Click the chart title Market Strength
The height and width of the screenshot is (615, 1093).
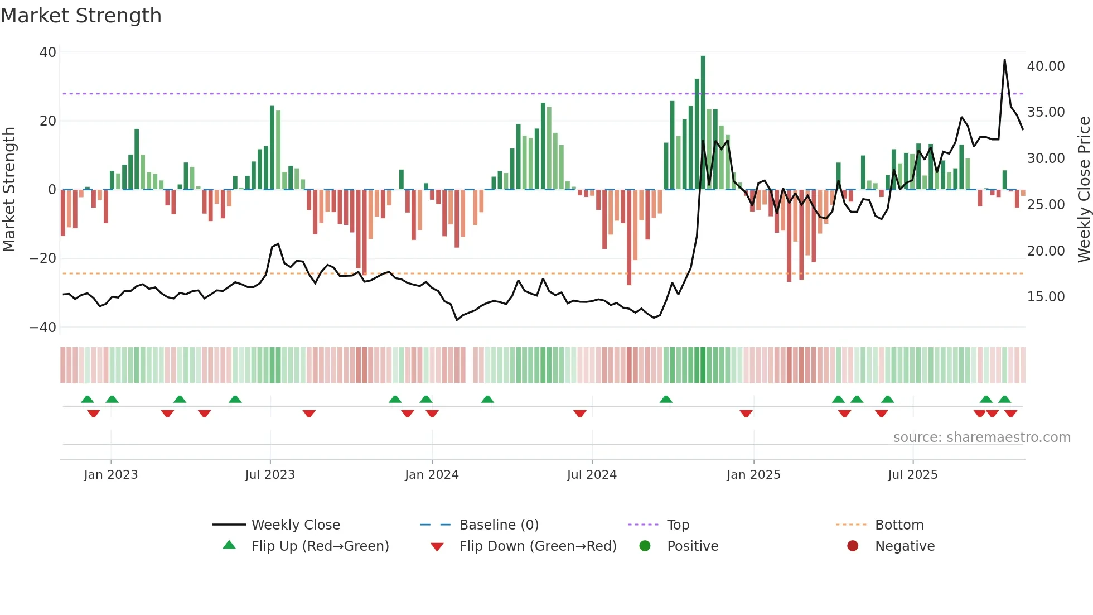click(81, 16)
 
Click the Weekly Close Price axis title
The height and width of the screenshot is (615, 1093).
click(1084, 189)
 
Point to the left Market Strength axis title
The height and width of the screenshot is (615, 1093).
click(9, 189)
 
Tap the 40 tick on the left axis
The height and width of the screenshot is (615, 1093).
click(48, 52)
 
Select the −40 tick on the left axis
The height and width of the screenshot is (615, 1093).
click(43, 328)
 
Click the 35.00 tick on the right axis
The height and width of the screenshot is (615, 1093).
click(1046, 112)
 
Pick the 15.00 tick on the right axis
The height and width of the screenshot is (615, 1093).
click(1046, 297)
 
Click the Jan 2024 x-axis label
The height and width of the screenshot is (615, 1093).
click(432, 475)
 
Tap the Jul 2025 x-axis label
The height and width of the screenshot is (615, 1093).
click(912, 475)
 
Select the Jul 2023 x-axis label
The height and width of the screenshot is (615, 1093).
click(270, 475)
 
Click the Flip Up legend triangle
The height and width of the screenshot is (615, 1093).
click(229, 545)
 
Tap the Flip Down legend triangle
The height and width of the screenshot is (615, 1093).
click(437, 547)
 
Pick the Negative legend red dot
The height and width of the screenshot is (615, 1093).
click(853, 546)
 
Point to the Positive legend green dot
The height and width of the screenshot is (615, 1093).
click(645, 546)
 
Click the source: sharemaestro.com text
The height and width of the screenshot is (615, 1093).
click(981, 438)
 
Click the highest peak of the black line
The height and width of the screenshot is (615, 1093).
click(1005, 60)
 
